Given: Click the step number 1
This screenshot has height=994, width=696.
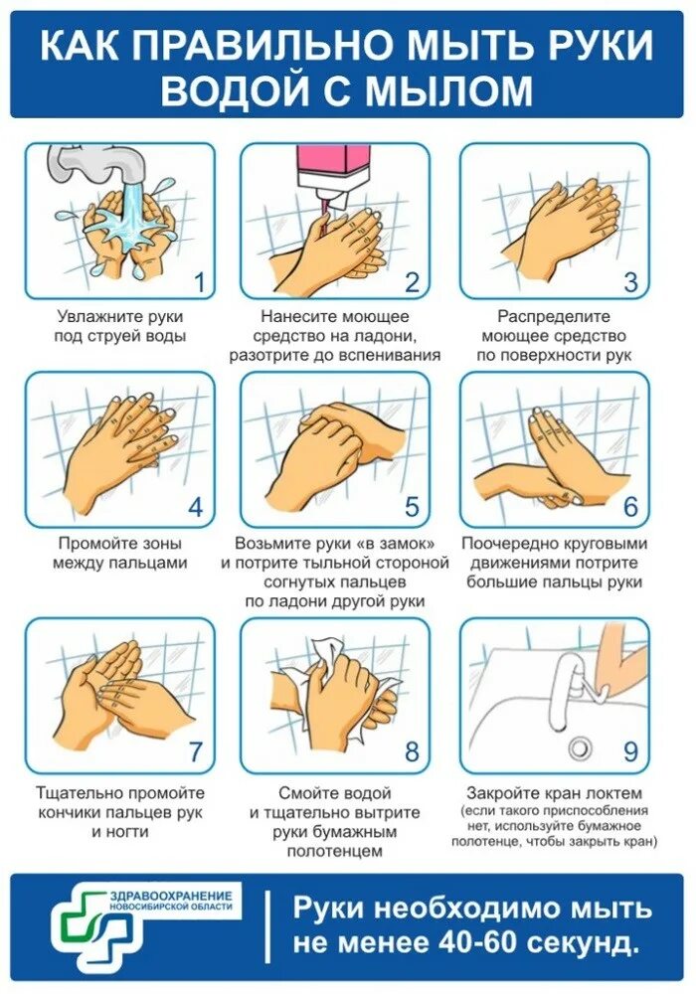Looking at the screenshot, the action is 199,281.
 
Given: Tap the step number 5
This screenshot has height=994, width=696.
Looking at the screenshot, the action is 412,507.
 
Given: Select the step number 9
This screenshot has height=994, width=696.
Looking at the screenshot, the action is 629,751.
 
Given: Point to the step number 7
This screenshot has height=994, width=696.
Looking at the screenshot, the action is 196,751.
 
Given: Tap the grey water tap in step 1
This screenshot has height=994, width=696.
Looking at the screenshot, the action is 98,163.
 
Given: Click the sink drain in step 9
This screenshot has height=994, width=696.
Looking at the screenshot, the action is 580,748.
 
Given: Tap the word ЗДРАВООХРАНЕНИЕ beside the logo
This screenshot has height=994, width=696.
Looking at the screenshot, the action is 170,896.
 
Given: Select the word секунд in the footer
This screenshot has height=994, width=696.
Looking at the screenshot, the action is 584,943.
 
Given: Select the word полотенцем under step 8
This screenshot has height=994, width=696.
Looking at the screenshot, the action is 335,852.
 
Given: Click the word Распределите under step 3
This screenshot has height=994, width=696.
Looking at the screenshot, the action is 554,317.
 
